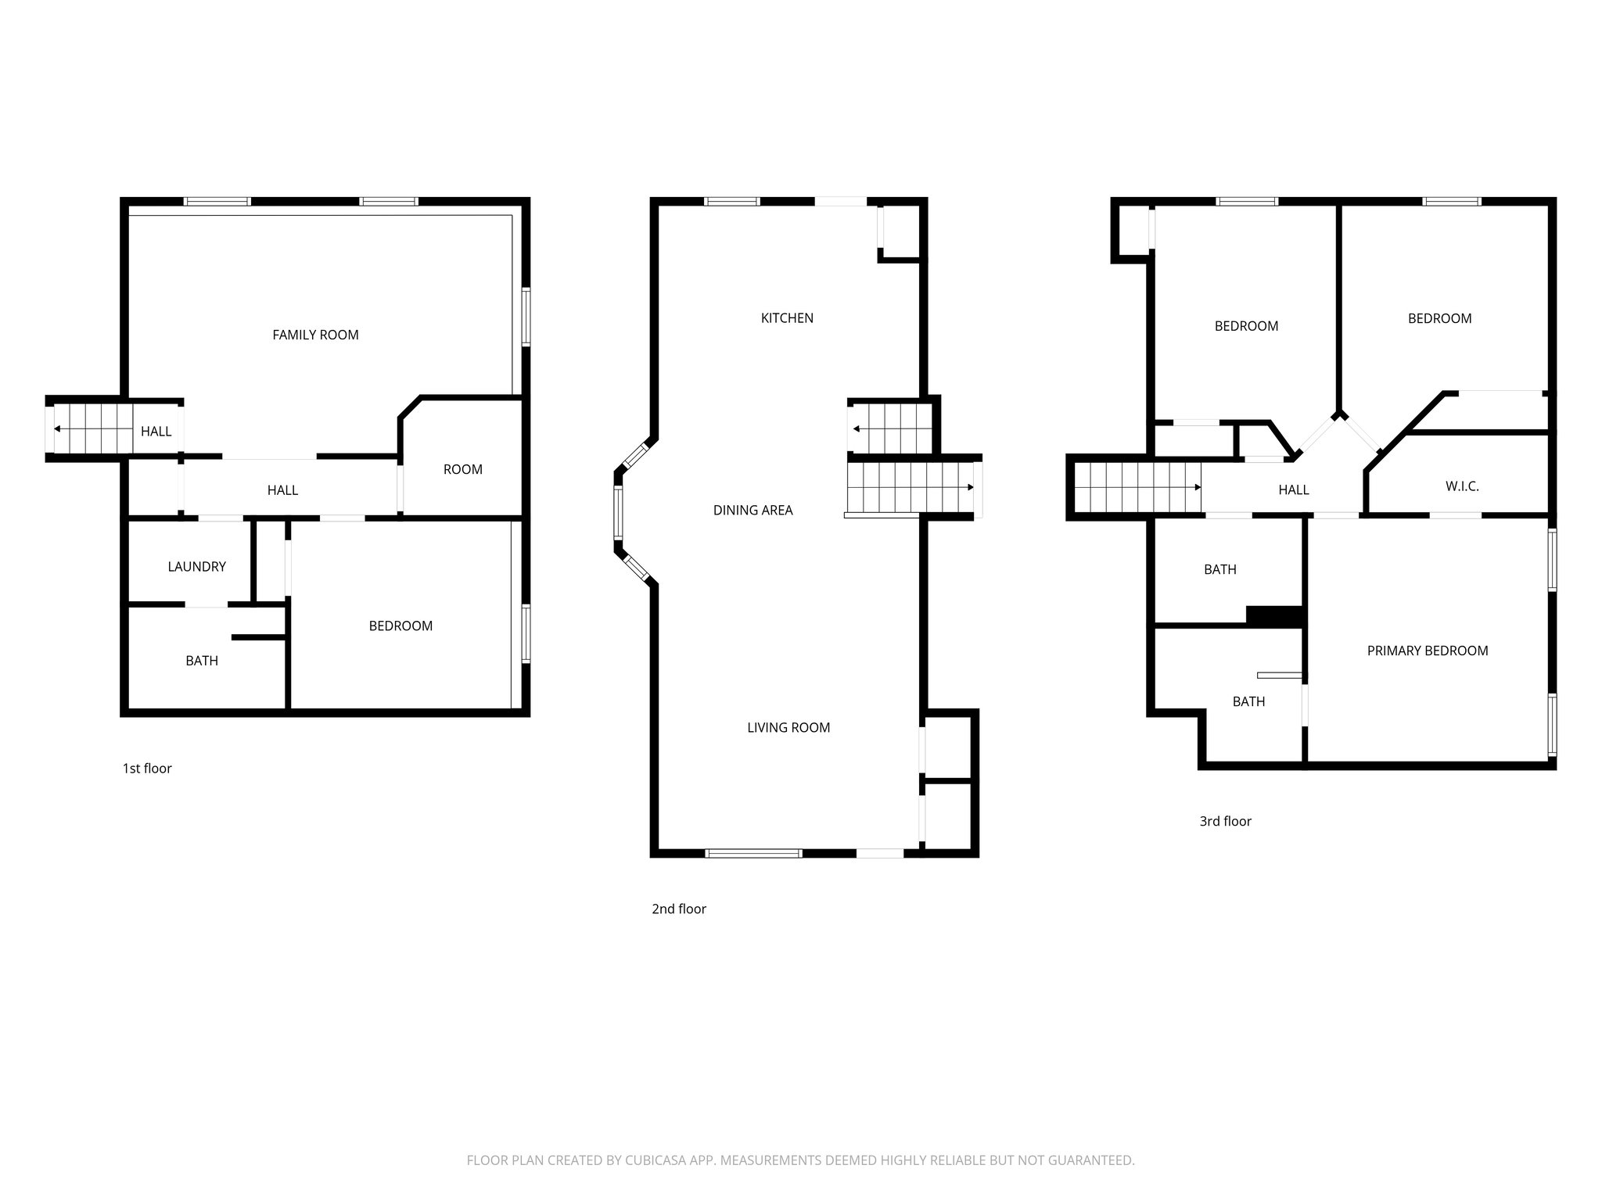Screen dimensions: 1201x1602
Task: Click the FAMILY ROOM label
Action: pos(315,335)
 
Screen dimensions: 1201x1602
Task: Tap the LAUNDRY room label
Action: pos(196,567)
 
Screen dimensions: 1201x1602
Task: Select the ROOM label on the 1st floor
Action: pos(462,469)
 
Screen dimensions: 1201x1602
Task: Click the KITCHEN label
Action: pos(787,318)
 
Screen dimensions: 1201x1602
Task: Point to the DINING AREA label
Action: pos(753,511)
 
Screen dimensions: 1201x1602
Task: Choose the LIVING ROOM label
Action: pos(788,728)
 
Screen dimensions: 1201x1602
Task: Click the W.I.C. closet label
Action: pos(1461,486)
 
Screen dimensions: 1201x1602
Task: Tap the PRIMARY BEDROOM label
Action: pos(1427,651)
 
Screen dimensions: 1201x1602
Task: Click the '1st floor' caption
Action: pos(147,769)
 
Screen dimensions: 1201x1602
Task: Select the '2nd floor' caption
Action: pos(678,909)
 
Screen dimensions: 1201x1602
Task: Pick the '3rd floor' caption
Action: pos(1225,821)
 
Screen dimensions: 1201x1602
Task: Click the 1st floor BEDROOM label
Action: pos(400,626)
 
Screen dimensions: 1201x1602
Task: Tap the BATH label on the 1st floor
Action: pos(202,661)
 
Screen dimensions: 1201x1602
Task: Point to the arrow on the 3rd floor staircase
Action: pos(1198,487)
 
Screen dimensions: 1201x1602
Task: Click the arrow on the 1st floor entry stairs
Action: pos(58,429)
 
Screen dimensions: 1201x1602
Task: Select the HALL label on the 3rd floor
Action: pos(1293,490)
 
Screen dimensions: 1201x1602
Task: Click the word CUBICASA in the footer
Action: pos(655,1160)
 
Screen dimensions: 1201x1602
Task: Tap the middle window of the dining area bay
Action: pos(619,512)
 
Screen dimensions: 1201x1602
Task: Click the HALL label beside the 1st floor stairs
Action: pos(156,432)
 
